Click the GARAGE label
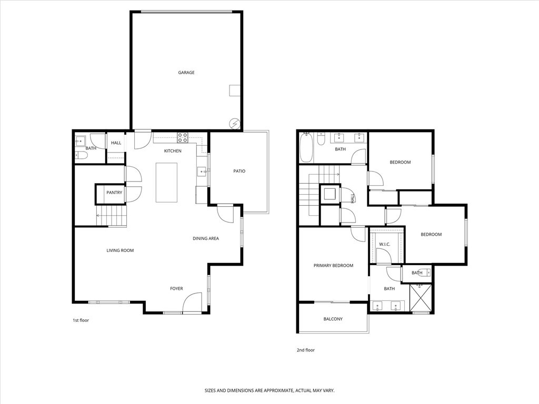pyautogui.click(x=186, y=73)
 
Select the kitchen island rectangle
pyautogui.click(x=166, y=183)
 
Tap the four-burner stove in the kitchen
pyautogui.click(x=183, y=137)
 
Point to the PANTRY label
pyautogui.click(x=114, y=193)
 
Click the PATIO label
pyautogui.click(x=239, y=171)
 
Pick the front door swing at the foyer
pyautogui.click(x=193, y=302)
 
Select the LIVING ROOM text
pyautogui.click(x=120, y=250)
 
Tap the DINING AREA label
pyautogui.click(x=205, y=238)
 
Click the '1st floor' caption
pyautogui.click(x=81, y=320)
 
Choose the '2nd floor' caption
pyautogui.click(x=305, y=350)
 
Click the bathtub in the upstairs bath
pyautogui.click(x=306, y=148)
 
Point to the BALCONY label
pyautogui.click(x=333, y=319)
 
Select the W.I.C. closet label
pyautogui.click(x=384, y=244)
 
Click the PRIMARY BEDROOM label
pyautogui.click(x=333, y=266)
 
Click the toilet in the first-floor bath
pyautogui.click(x=81, y=155)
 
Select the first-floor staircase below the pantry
pyautogui.click(x=112, y=216)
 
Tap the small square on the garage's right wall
pyautogui.click(x=234, y=90)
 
